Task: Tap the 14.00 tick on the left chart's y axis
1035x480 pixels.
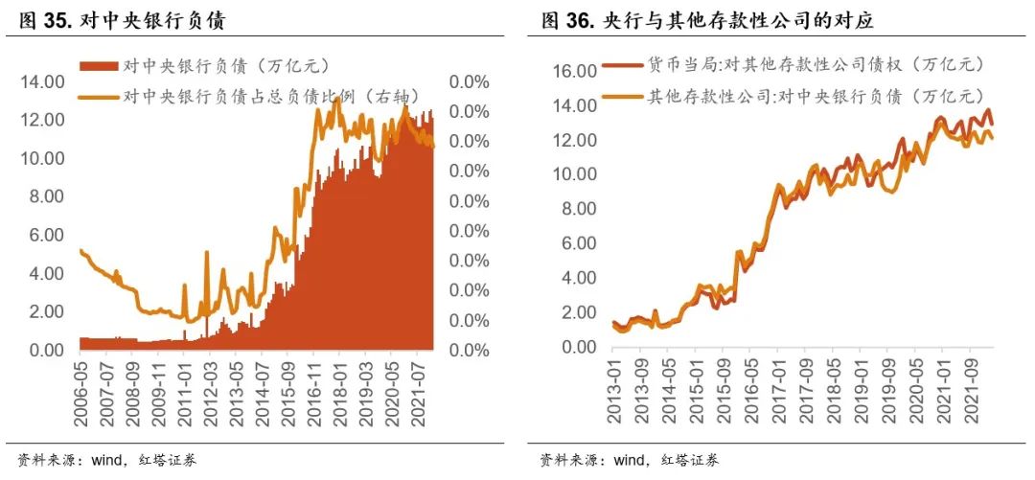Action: (42, 82)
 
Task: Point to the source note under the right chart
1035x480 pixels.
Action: (630, 459)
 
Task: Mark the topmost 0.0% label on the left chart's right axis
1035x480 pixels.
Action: (469, 82)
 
